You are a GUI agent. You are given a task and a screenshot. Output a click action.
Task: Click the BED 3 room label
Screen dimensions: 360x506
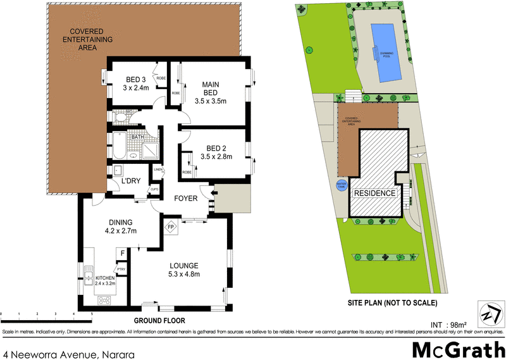(x=135, y=79)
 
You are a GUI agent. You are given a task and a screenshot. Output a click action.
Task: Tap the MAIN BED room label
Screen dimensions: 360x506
(x=211, y=85)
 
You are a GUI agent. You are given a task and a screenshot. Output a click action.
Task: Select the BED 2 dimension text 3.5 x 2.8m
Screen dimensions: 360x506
(x=216, y=156)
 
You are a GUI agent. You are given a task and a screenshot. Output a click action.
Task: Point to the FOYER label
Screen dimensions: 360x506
(x=187, y=199)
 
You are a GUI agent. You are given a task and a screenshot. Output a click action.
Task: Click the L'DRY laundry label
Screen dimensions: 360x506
(x=131, y=182)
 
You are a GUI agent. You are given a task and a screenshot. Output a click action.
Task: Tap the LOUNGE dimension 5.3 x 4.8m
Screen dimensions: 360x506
(x=183, y=274)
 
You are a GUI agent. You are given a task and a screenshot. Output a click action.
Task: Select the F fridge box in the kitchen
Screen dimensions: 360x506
(x=122, y=254)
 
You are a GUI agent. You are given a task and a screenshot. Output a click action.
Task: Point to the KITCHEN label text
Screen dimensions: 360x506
(x=105, y=278)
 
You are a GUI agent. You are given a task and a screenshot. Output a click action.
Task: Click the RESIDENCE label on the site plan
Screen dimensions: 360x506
(x=375, y=193)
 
